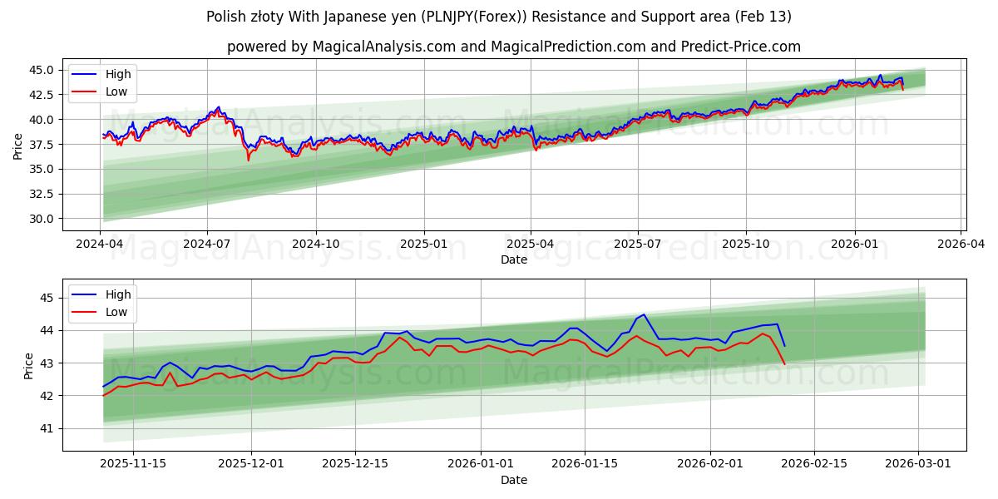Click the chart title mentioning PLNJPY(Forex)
[499, 17]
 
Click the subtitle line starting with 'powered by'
[514, 47]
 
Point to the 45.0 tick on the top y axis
[42, 70]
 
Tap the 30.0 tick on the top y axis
[42, 219]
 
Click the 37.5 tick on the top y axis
[42, 144]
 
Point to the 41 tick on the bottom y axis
[47, 429]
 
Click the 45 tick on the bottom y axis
[47, 298]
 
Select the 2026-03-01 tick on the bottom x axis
[918, 464]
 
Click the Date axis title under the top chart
[514, 259]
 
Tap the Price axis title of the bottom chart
[29, 364]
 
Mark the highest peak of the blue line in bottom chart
[643, 314]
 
